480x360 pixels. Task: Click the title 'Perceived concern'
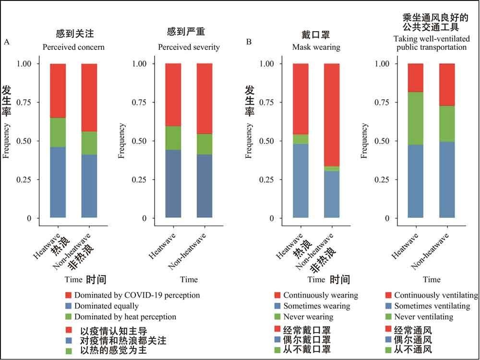(73, 48)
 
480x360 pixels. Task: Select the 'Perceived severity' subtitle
(189, 48)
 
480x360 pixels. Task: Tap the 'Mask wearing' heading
(316, 48)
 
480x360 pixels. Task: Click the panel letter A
(7, 42)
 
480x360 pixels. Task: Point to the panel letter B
(249, 42)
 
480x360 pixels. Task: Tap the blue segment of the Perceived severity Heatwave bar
(173, 183)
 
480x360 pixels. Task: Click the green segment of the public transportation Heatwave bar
(416, 118)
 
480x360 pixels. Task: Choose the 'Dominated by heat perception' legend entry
(121, 317)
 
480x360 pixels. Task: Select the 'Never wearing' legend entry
(308, 317)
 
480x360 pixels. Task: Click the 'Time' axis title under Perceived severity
(189, 280)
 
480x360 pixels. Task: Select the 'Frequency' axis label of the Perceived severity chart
(121, 141)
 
